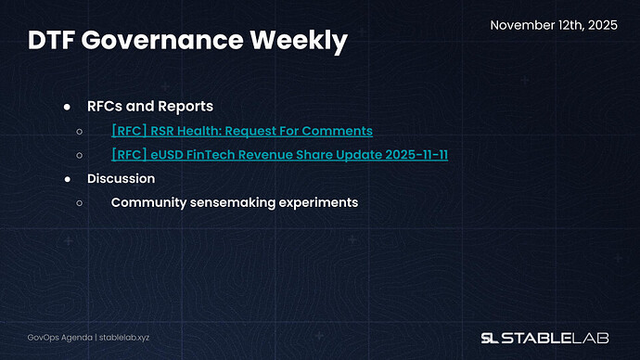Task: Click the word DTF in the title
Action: coord(54,41)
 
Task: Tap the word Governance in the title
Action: coord(169,41)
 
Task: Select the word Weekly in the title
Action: coord(302,41)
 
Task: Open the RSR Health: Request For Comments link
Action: coord(241,131)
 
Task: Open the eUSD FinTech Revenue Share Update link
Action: coord(279,154)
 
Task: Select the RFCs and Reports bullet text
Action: coord(150,107)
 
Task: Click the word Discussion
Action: coord(121,178)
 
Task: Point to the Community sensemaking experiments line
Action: coord(234,201)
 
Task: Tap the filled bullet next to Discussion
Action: coord(68,178)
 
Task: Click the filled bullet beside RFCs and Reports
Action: coord(68,107)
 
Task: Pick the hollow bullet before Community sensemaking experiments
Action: coord(80,201)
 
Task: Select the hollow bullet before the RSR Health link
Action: coord(80,131)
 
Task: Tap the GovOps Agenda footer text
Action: coord(57,338)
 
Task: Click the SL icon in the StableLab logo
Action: coord(491,337)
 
